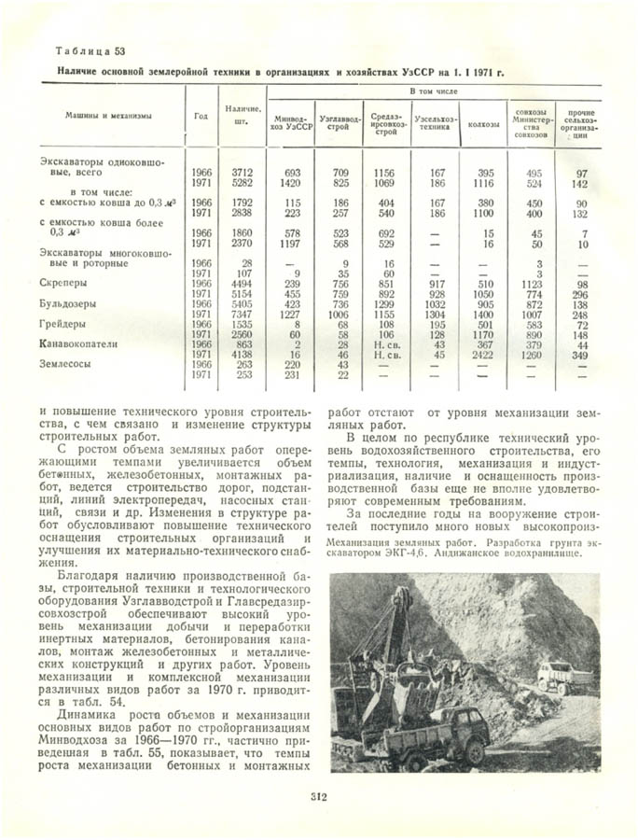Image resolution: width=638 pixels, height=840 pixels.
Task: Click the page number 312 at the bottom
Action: coord(319,796)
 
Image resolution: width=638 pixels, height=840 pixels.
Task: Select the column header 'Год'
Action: coord(201,117)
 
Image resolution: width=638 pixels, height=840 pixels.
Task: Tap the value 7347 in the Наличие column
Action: coord(242,315)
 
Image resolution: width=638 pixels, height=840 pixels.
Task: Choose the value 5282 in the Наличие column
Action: coord(242,184)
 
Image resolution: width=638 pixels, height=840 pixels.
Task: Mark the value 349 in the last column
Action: coord(580,356)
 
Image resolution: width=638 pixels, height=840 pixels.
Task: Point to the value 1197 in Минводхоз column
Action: coord(292,243)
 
